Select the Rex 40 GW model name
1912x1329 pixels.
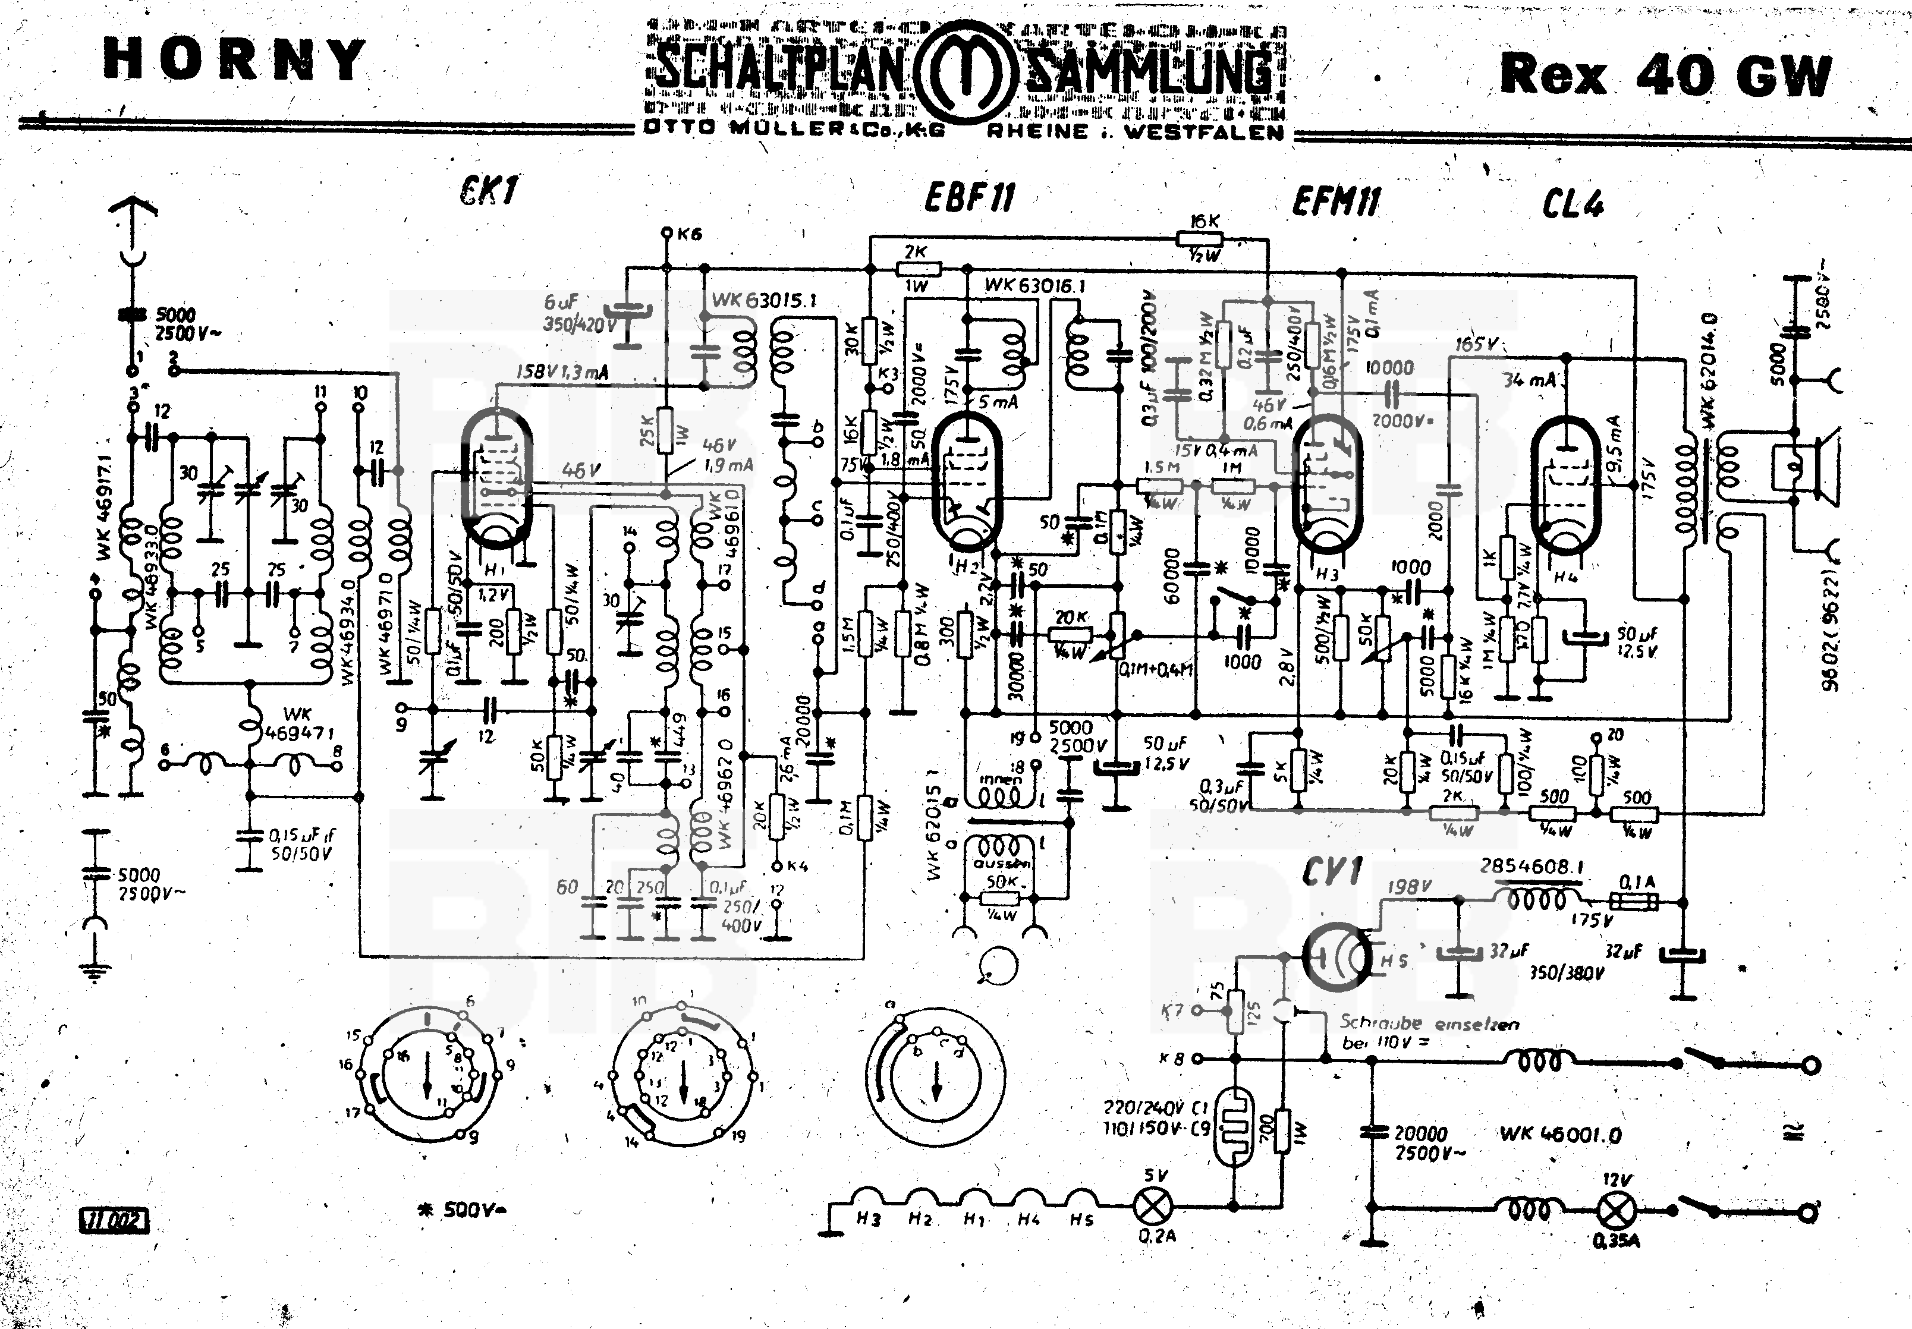point(1665,75)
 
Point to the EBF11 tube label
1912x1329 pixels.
point(970,198)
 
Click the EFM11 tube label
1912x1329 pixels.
point(1336,201)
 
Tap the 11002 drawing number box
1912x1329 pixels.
point(115,1221)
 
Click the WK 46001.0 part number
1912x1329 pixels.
point(1561,1134)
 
